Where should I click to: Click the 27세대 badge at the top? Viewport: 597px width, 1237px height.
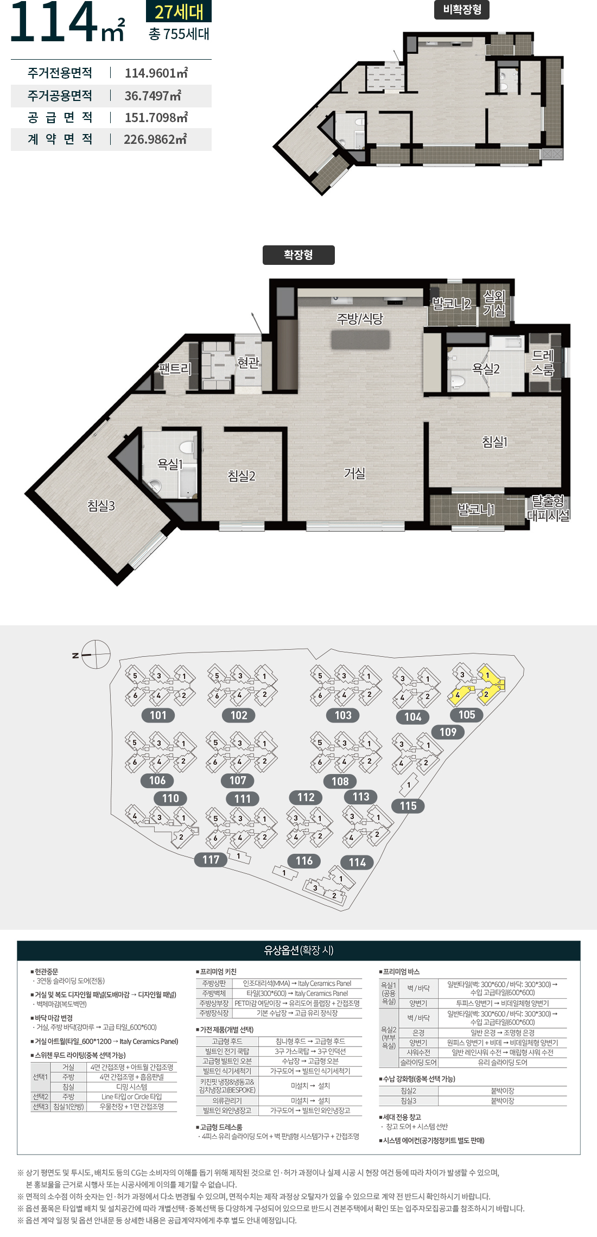(179, 11)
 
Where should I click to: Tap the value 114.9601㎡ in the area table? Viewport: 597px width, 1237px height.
(156, 73)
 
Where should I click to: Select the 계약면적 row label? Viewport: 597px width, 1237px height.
(60, 139)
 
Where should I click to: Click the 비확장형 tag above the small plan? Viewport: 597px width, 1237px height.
(462, 9)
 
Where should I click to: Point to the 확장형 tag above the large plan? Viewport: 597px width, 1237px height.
(298, 255)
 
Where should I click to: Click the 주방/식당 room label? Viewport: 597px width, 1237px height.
(360, 319)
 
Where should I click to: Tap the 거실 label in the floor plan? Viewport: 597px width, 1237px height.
(354, 473)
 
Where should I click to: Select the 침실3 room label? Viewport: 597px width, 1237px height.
(101, 505)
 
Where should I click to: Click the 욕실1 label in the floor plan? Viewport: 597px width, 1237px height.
(170, 464)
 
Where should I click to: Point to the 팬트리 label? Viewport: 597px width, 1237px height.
(175, 369)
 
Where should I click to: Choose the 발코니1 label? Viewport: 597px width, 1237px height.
(476, 509)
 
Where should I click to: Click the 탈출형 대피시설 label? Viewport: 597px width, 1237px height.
(548, 508)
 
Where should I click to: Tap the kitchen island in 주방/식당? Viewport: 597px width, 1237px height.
(360, 339)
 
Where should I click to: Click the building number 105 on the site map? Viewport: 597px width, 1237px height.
(467, 715)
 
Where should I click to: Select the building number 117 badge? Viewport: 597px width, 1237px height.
(211, 860)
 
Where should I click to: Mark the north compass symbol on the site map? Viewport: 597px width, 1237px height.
(96, 655)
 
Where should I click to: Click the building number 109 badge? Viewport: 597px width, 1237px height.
(448, 732)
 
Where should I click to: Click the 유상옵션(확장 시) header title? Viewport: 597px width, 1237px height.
(298, 950)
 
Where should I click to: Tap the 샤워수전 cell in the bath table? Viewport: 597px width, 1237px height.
(418, 1052)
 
